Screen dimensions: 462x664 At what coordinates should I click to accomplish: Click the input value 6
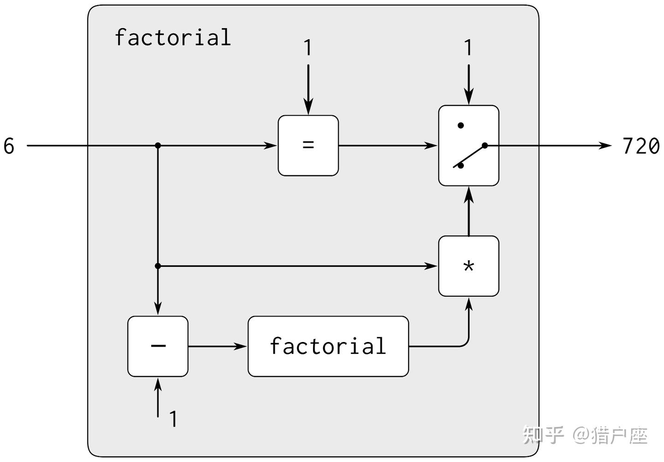[x=9, y=146]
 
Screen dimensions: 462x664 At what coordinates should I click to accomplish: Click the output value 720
[x=640, y=146]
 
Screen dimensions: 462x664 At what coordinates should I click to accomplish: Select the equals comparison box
[x=308, y=145]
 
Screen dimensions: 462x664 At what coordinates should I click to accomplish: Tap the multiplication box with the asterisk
[x=468, y=266]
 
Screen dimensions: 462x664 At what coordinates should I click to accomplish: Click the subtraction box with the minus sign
[x=158, y=346]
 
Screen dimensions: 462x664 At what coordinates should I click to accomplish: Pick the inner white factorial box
[x=328, y=346]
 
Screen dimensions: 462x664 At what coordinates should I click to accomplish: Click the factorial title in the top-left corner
[x=172, y=37]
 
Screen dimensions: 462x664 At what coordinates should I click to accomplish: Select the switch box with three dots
[x=468, y=145]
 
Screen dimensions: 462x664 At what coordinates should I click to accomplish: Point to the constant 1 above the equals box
[x=308, y=48]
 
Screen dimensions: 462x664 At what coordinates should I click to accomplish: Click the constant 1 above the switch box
[x=468, y=48]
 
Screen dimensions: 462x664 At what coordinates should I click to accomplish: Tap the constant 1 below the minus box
[x=173, y=419]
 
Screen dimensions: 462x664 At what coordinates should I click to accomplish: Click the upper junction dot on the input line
[x=158, y=145]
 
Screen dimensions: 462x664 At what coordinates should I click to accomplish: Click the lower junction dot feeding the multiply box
[x=158, y=266]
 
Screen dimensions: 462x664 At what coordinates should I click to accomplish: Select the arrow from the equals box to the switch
[x=387, y=145]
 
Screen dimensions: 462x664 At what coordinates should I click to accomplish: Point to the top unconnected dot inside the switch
[x=460, y=125]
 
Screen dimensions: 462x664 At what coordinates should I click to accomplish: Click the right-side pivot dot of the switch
[x=485, y=145]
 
